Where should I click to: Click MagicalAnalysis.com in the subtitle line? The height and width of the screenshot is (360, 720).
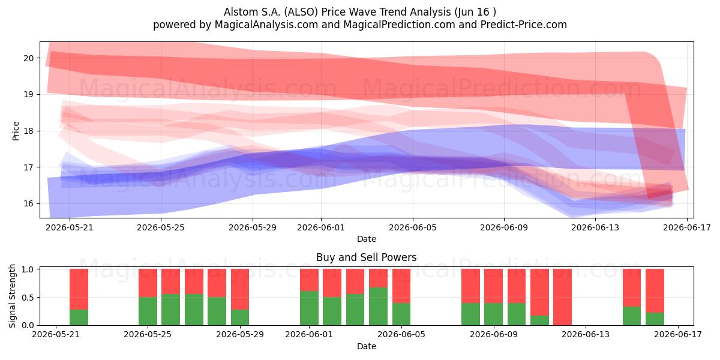click(266, 25)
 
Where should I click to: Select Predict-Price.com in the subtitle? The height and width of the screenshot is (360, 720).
click(524, 25)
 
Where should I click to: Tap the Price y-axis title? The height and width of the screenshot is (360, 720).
click(16, 131)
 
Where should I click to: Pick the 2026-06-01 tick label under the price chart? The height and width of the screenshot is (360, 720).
click(321, 227)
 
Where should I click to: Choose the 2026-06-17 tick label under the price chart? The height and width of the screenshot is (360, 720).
click(687, 227)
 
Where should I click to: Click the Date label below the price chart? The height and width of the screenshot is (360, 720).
click(367, 239)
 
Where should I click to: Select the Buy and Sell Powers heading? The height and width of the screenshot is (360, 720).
click(367, 257)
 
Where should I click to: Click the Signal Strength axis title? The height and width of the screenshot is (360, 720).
click(12, 296)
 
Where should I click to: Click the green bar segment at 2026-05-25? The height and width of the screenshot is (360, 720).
click(148, 311)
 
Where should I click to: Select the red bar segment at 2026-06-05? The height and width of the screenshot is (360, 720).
click(401, 286)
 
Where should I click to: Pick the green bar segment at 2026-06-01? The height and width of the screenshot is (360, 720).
click(309, 308)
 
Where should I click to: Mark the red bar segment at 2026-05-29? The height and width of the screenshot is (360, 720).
click(240, 289)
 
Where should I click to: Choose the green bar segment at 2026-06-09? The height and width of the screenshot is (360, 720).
click(493, 314)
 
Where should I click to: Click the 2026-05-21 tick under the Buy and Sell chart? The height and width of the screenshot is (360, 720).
click(56, 335)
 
